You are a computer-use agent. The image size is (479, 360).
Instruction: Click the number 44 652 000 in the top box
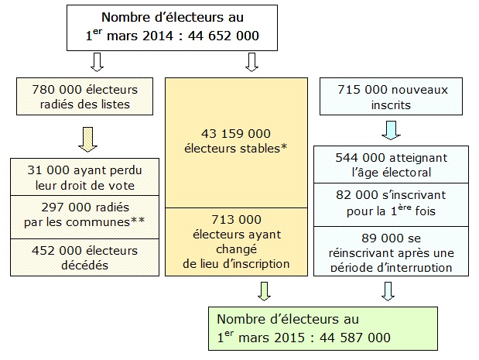(x=224, y=36)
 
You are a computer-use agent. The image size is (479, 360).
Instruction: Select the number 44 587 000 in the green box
(x=355, y=338)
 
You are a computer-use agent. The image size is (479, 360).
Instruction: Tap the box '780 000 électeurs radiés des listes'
(x=84, y=96)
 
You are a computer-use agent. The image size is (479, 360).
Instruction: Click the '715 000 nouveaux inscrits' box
(x=391, y=96)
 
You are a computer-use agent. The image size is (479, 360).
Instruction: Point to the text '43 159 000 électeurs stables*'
(x=236, y=141)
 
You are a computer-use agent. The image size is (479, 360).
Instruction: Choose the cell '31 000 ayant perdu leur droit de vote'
(x=84, y=177)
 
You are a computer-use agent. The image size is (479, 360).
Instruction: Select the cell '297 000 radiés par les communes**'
(x=84, y=217)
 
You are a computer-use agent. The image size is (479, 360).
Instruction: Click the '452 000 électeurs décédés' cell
(x=84, y=257)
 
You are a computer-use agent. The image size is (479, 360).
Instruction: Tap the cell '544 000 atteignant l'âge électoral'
(x=391, y=164)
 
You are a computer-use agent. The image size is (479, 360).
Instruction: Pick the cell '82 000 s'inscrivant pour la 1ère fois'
(x=391, y=204)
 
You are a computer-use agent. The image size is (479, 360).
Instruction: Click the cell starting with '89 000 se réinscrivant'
(x=391, y=251)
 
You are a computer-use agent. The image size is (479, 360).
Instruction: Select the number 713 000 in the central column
(x=236, y=219)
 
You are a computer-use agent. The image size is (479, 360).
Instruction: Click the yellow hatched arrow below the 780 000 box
(x=87, y=139)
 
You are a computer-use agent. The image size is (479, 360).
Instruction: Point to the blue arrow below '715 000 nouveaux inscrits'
(x=391, y=130)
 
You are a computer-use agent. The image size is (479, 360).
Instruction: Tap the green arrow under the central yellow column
(x=264, y=291)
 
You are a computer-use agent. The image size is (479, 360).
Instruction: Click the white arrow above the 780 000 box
(x=98, y=62)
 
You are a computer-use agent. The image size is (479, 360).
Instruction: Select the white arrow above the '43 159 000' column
(x=251, y=62)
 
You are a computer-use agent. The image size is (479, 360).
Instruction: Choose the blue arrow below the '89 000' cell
(x=388, y=291)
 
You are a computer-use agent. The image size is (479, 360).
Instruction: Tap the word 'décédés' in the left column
(x=84, y=265)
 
